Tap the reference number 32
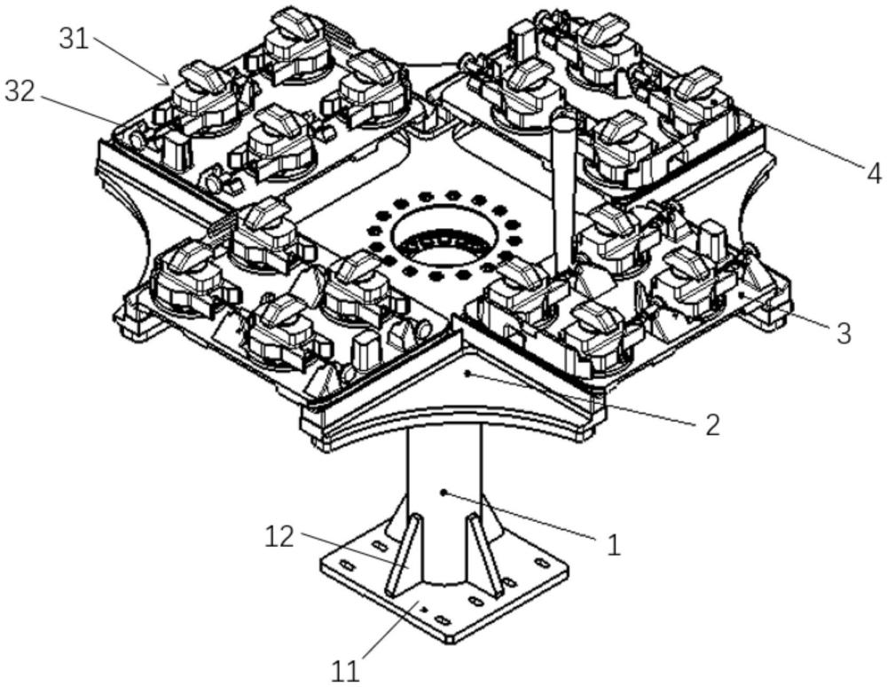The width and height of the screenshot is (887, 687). pos(20,91)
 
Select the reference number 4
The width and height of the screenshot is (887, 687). pos(874,172)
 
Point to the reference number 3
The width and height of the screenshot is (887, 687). pos(844,334)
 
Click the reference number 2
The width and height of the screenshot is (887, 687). pos(712,424)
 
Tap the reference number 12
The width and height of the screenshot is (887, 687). pos(279,537)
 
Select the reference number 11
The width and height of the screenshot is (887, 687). pos(345,672)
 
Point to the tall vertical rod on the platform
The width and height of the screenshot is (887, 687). pos(563,187)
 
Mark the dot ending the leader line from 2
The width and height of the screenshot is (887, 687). pos(467,373)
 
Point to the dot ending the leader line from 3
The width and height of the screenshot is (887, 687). pos(741,295)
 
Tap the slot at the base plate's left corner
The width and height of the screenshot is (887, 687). pos(348,566)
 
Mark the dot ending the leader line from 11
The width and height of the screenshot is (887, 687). pos(423,610)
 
